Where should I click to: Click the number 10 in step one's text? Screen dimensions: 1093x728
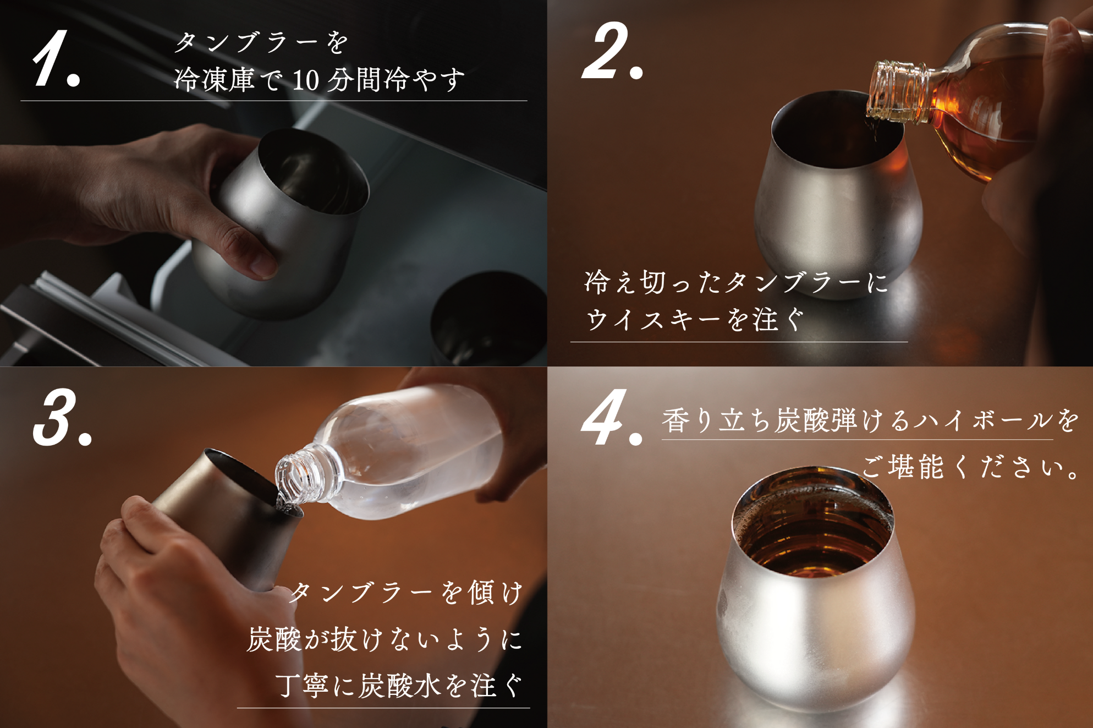[x=305, y=80]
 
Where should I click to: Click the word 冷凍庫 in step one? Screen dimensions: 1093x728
[x=215, y=80]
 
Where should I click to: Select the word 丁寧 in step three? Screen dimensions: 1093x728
[x=302, y=686]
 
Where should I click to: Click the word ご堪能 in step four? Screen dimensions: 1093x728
[x=903, y=467]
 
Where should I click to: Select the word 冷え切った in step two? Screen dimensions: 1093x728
[x=653, y=282]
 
